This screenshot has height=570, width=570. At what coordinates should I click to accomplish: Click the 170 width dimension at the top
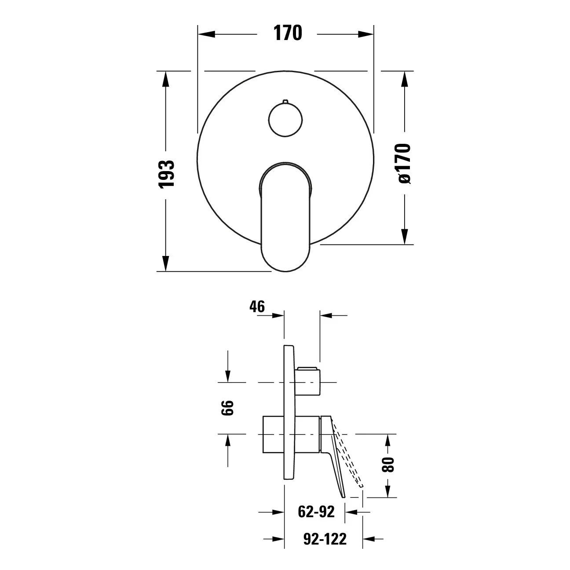tap(288, 33)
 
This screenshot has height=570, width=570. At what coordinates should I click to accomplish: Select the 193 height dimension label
tap(166, 173)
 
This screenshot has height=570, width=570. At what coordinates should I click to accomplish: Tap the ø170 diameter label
tap(404, 164)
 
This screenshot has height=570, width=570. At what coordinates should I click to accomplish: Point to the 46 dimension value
tap(257, 307)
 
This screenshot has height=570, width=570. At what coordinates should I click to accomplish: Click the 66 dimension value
tap(227, 408)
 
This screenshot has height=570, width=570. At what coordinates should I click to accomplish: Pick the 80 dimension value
tap(388, 465)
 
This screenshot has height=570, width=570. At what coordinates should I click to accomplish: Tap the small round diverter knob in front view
tap(285, 120)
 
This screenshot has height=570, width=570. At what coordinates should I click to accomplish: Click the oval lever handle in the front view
tap(285, 217)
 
